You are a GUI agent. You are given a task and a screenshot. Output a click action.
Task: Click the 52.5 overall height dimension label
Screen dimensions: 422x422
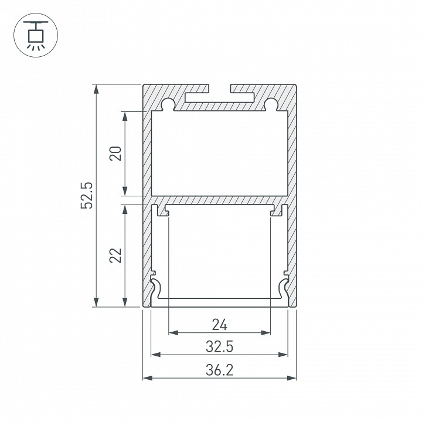(87, 195)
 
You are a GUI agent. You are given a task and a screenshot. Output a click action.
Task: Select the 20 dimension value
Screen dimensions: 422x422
(115, 153)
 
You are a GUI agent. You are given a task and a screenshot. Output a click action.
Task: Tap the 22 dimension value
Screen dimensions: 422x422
(115, 255)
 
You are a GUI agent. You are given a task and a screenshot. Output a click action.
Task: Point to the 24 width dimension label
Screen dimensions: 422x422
(219, 324)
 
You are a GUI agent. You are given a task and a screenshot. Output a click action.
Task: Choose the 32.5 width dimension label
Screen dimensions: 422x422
(219, 346)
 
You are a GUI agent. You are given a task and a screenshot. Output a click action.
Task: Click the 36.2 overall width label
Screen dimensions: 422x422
(219, 369)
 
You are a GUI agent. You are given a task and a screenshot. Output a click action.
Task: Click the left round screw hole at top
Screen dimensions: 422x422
(168, 104)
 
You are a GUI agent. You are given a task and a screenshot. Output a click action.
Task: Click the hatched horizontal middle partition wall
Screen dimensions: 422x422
(220, 200)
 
